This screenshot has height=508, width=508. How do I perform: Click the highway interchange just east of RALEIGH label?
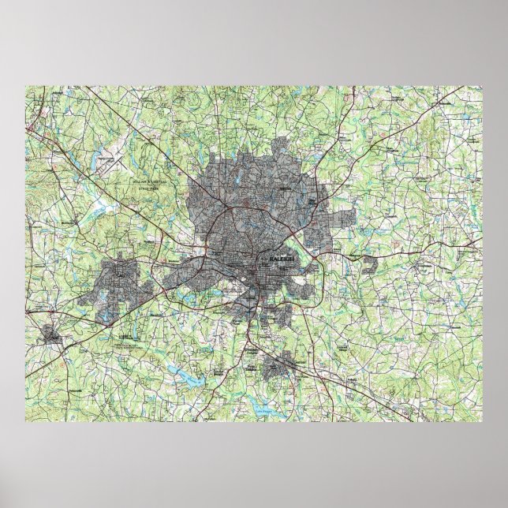tap(315, 256)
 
